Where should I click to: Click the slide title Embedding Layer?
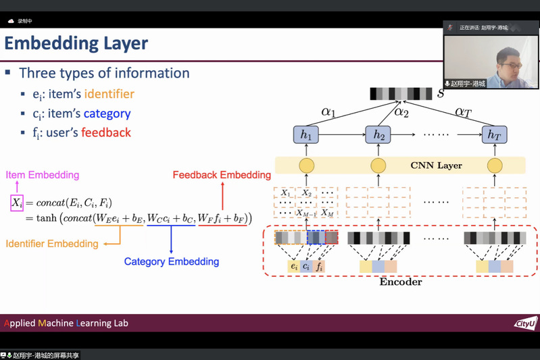point(76,45)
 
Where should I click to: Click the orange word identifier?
point(109,94)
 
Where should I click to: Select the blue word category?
point(107,113)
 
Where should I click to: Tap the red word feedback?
point(106,132)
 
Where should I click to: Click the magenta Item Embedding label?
point(43,176)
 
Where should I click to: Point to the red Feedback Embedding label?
point(222,175)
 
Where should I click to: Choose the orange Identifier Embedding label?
point(52,244)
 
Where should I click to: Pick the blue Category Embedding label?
point(172,261)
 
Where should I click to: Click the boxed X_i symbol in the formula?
point(17,202)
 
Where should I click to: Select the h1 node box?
point(307,134)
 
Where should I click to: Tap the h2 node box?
point(378,134)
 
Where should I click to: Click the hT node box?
point(495,134)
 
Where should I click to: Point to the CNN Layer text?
point(437,165)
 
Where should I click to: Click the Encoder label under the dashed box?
point(401,282)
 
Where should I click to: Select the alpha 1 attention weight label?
point(328,112)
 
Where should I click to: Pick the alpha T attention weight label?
point(464,112)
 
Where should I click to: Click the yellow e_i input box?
point(294,266)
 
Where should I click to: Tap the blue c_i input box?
point(306,266)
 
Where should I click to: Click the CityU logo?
point(525,324)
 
